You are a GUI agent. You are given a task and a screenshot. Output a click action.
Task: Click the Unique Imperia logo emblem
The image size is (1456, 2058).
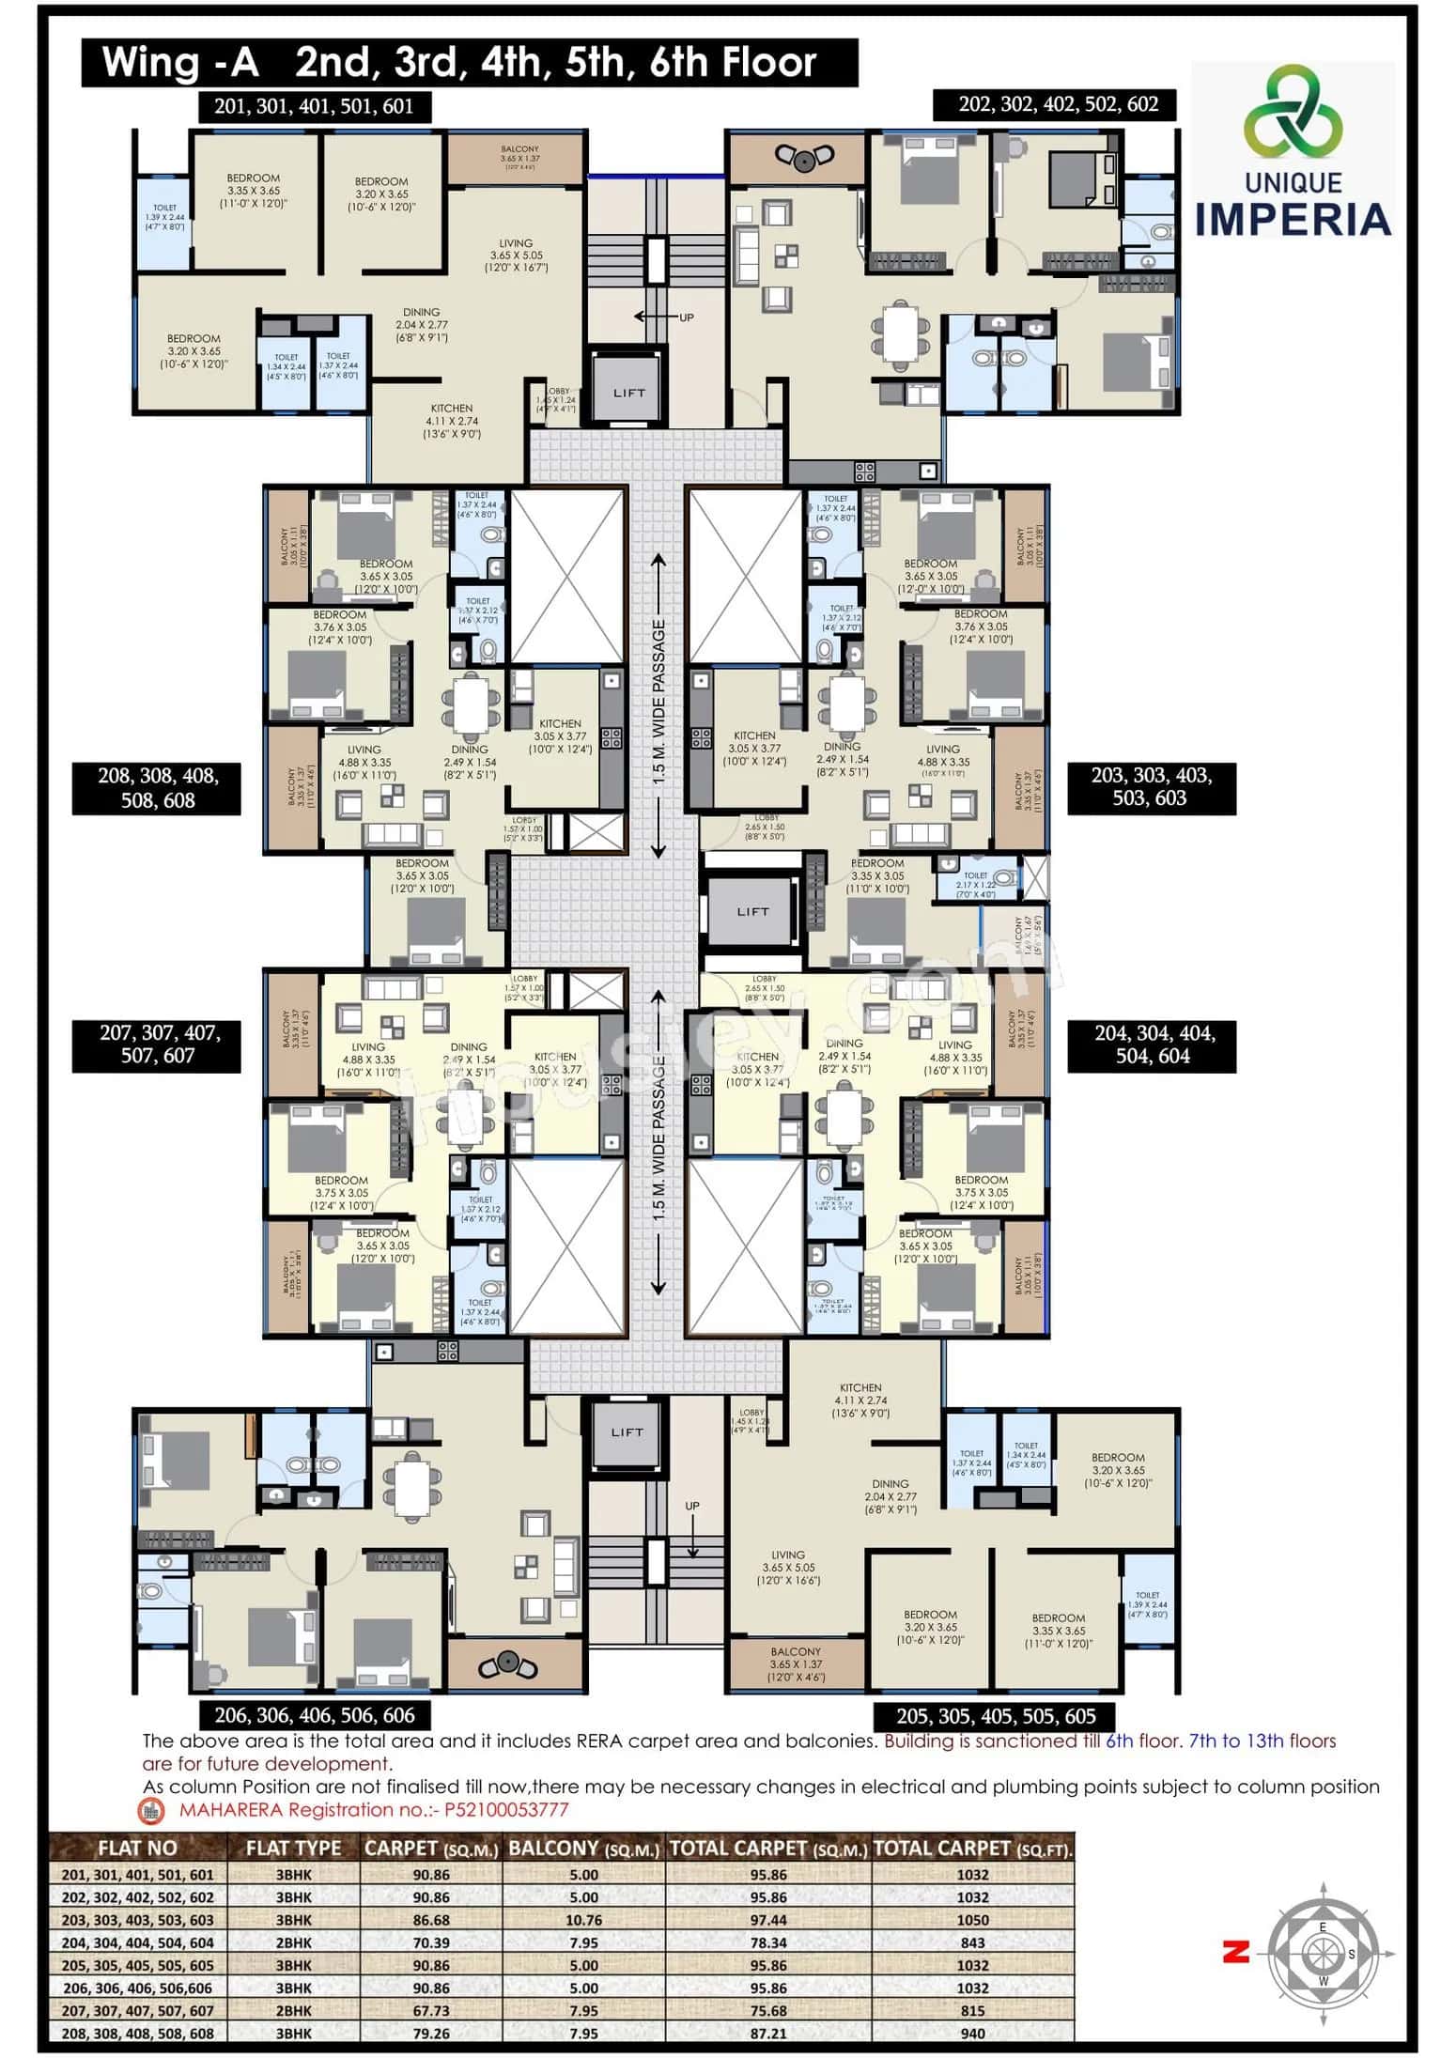(x=1293, y=112)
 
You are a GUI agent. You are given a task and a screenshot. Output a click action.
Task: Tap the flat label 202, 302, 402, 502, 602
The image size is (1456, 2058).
(x=1058, y=104)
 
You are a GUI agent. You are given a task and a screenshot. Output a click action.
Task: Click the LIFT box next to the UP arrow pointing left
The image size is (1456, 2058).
(x=628, y=392)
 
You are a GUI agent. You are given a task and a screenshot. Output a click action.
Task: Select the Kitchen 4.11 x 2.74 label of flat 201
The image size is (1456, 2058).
(x=452, y=421)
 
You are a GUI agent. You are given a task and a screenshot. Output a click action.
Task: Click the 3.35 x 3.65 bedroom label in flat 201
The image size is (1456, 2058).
(x=253, y=191)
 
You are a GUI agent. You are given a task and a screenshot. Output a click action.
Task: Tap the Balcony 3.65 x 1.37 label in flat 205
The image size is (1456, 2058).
(x=795, y=1663)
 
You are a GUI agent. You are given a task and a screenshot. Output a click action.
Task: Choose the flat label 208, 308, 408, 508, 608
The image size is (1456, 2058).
(x=157, y=787)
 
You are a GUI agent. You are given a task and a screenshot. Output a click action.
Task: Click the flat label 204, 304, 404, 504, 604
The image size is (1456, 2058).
(x=1153, y=1044)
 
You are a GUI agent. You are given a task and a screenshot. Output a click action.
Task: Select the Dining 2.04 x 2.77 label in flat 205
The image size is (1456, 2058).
(x=890, y=1496)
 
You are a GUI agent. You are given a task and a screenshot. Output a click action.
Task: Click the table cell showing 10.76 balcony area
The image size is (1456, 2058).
(x=583, y=1920)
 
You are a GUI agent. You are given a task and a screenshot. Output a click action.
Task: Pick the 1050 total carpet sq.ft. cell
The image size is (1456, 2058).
(x=972, y=1920)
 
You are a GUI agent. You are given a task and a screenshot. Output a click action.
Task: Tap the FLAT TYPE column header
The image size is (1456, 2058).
(x=293, y=1848)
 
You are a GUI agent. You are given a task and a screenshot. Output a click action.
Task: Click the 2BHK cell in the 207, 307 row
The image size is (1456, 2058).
(x=293, y=2010)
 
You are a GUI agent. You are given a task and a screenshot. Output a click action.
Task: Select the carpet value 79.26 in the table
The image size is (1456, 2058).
(x=430, y=2033)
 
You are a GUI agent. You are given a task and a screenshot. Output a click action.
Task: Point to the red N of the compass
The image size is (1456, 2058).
(x=1235, y=1953)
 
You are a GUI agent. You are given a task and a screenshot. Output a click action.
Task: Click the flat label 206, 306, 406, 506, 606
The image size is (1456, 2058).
(x=314, y=1715)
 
